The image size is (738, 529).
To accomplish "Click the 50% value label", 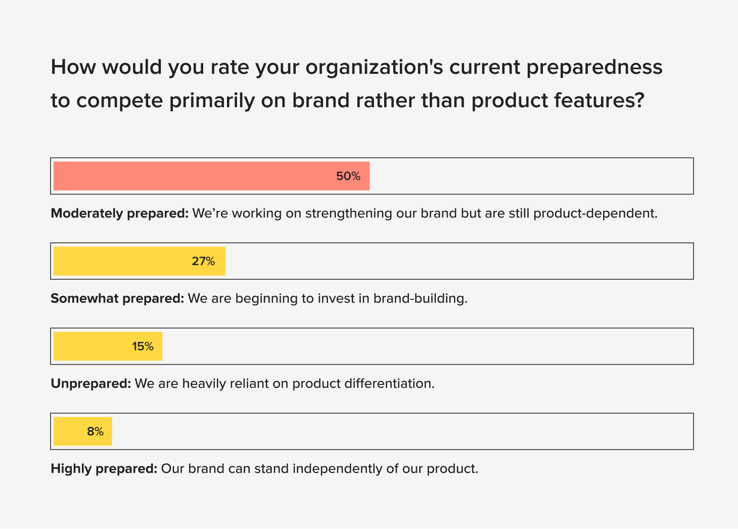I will click(x=348, y=177).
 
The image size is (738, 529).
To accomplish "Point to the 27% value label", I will click(x=203, y=261).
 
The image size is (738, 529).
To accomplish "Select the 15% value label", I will click(x=143, y=346).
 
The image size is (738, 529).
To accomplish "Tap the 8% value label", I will click(x=95, y=431).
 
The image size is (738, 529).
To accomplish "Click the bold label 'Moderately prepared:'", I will click(x=119, y=213).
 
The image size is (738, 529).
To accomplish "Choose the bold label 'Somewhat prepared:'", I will click(x=117, y=298).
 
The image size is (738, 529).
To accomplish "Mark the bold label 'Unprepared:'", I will click(x=91, y=383).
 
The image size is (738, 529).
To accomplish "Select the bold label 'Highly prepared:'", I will click(x=104, y=469).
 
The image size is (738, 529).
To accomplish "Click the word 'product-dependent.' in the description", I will click(x=595, y=213).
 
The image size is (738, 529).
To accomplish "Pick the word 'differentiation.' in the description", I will click(x=389, y=383).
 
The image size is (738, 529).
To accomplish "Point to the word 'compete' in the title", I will click(x=119, y=101).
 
